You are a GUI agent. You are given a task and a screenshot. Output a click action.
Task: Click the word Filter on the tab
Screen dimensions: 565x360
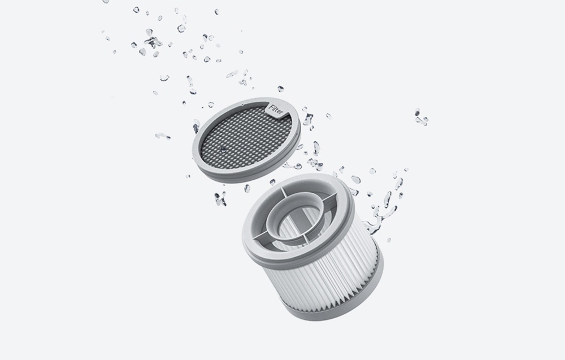coord(276,110)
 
